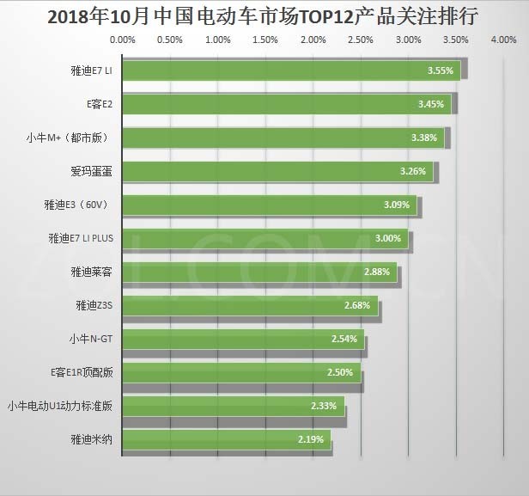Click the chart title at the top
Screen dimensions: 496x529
coord(264,16)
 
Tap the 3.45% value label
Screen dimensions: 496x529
coord(430,104)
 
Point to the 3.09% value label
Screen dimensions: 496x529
coord(397,205)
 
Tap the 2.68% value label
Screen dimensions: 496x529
coord(356,305)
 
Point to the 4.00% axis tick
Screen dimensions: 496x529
coord(503,40)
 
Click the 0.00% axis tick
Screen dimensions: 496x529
coord(124,40)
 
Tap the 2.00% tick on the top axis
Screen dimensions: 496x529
coord(313,40)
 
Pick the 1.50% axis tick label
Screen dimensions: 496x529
coord(266,40)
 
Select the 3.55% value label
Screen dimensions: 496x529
coord(440,70)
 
